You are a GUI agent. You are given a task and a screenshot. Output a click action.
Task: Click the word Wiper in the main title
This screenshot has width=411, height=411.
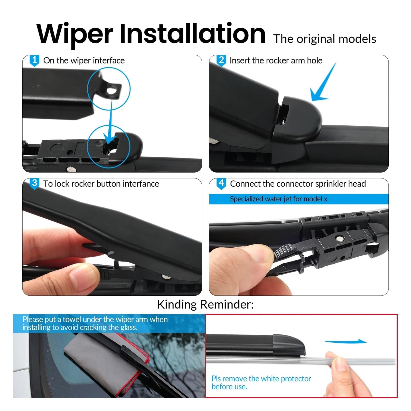coord(75,34)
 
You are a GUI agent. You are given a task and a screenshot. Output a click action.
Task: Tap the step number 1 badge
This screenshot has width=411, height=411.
coord(34,61)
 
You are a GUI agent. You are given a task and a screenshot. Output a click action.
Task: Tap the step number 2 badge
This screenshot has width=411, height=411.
coord(221,61)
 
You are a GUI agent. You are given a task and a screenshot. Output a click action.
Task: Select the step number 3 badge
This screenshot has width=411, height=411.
coord(34,184)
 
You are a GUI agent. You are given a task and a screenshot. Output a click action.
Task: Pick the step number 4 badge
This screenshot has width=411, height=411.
coord(221,184)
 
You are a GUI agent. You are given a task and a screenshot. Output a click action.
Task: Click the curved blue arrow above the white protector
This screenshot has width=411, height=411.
coord(345,341)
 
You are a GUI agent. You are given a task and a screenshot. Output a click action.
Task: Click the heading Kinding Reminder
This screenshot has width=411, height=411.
coord(205,304)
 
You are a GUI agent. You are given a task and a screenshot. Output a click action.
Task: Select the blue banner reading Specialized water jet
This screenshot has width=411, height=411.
coord(298,199)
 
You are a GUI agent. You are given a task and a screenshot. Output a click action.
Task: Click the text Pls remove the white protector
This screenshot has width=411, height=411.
coord(261,379)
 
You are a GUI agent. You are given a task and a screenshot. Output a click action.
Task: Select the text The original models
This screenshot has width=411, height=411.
coord(325,39)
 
